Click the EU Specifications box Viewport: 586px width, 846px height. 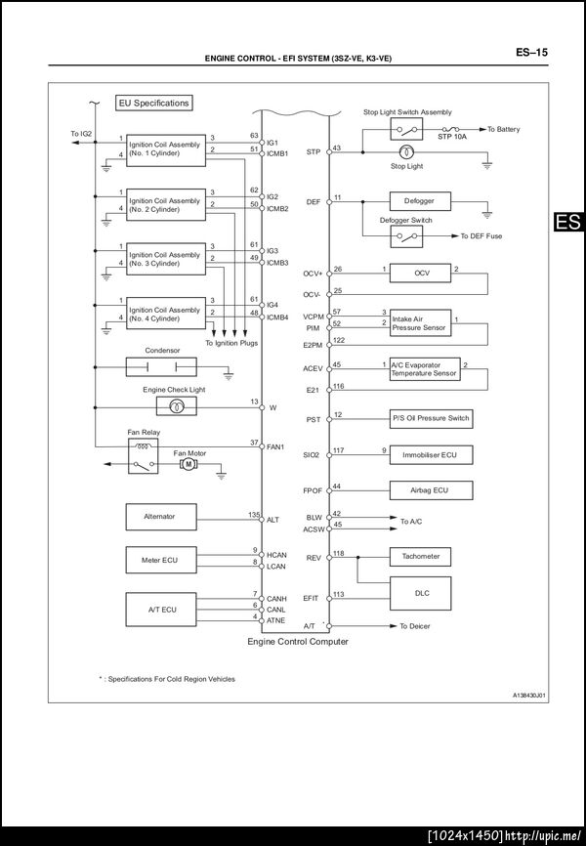click(x=153, y=103)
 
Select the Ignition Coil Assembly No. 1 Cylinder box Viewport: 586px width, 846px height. click(x=166, y=149)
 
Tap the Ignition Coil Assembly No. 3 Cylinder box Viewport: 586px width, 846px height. click(x=166, y=259)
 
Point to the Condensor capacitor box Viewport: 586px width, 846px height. click(x=160, y=366)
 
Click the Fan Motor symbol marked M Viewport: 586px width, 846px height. click(x=188, y=464)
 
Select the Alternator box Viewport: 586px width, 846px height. click(x=159, y=518)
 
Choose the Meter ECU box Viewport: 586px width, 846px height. click(x=159, y=560)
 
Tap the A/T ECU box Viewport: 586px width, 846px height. click(x=159, y=609)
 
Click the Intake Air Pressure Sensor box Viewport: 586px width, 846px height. click(x=420, y=322)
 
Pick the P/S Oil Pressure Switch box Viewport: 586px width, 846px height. click(x=431, y=418)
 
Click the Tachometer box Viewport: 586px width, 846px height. click(x=421, y=556)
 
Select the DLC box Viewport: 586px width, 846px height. click(x=421, y=592)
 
